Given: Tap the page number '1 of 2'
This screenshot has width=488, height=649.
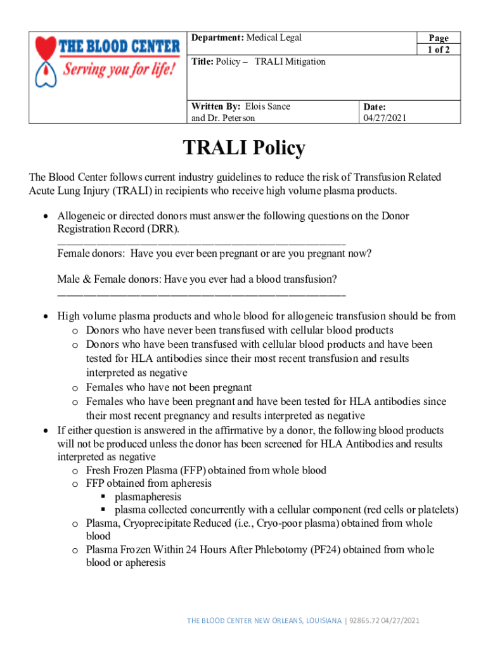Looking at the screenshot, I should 438,50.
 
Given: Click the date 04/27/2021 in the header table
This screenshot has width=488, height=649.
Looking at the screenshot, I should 385,118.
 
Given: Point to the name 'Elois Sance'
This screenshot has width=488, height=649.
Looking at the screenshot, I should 267,106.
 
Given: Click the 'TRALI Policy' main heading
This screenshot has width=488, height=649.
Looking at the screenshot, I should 244,148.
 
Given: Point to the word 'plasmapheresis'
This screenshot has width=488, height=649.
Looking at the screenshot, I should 148,496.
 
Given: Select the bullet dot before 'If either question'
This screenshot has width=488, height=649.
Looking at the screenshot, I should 45,430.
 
